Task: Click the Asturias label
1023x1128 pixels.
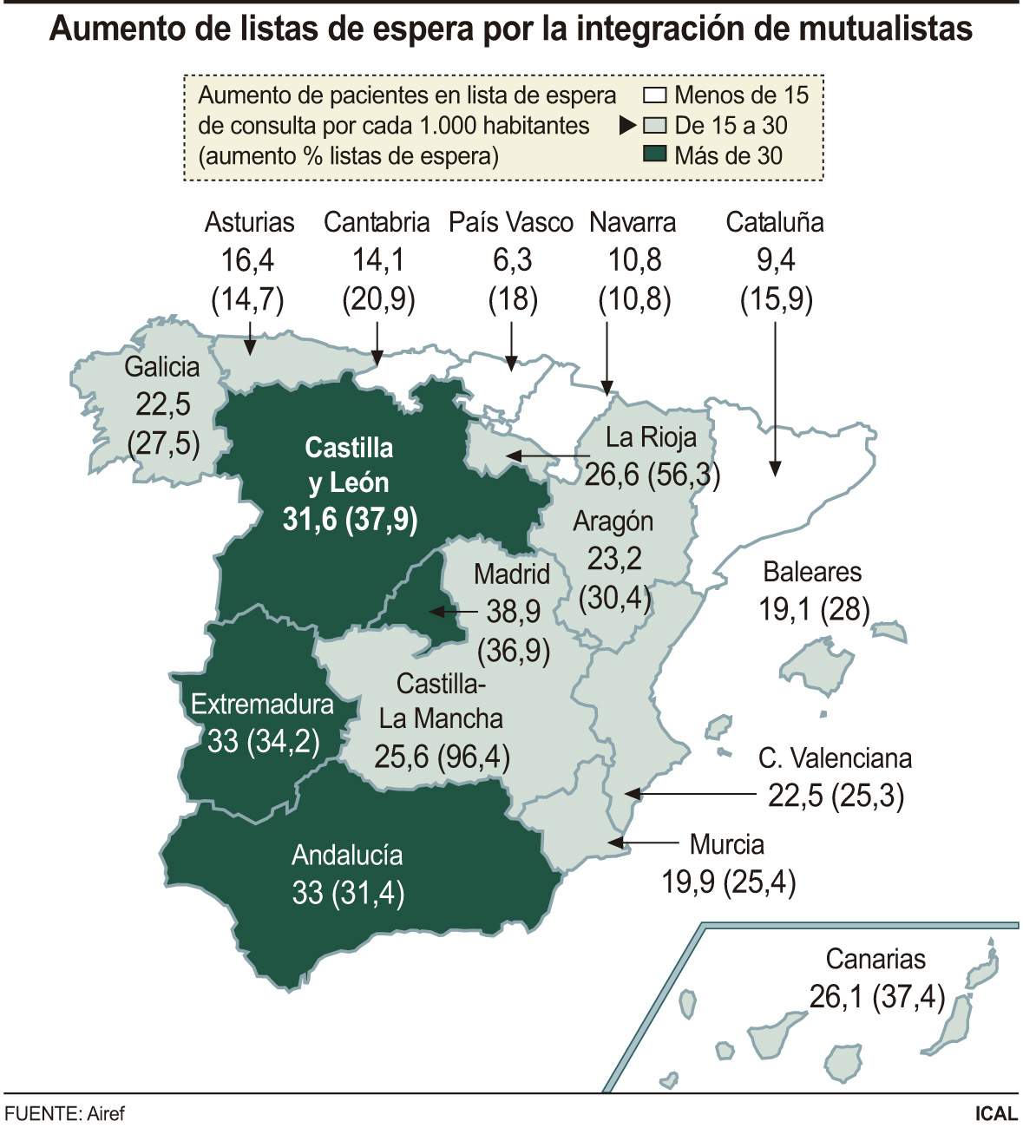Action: (249, 222)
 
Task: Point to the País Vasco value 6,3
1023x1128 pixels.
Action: (512, 260)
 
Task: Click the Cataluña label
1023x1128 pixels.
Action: (774, 222)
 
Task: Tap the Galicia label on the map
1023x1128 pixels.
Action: (162, 366)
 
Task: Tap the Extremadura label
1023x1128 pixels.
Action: (262, 704)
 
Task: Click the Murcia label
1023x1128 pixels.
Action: (726, 844)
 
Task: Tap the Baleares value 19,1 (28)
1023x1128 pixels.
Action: (814, 610)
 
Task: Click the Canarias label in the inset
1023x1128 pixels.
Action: (875, 959)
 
